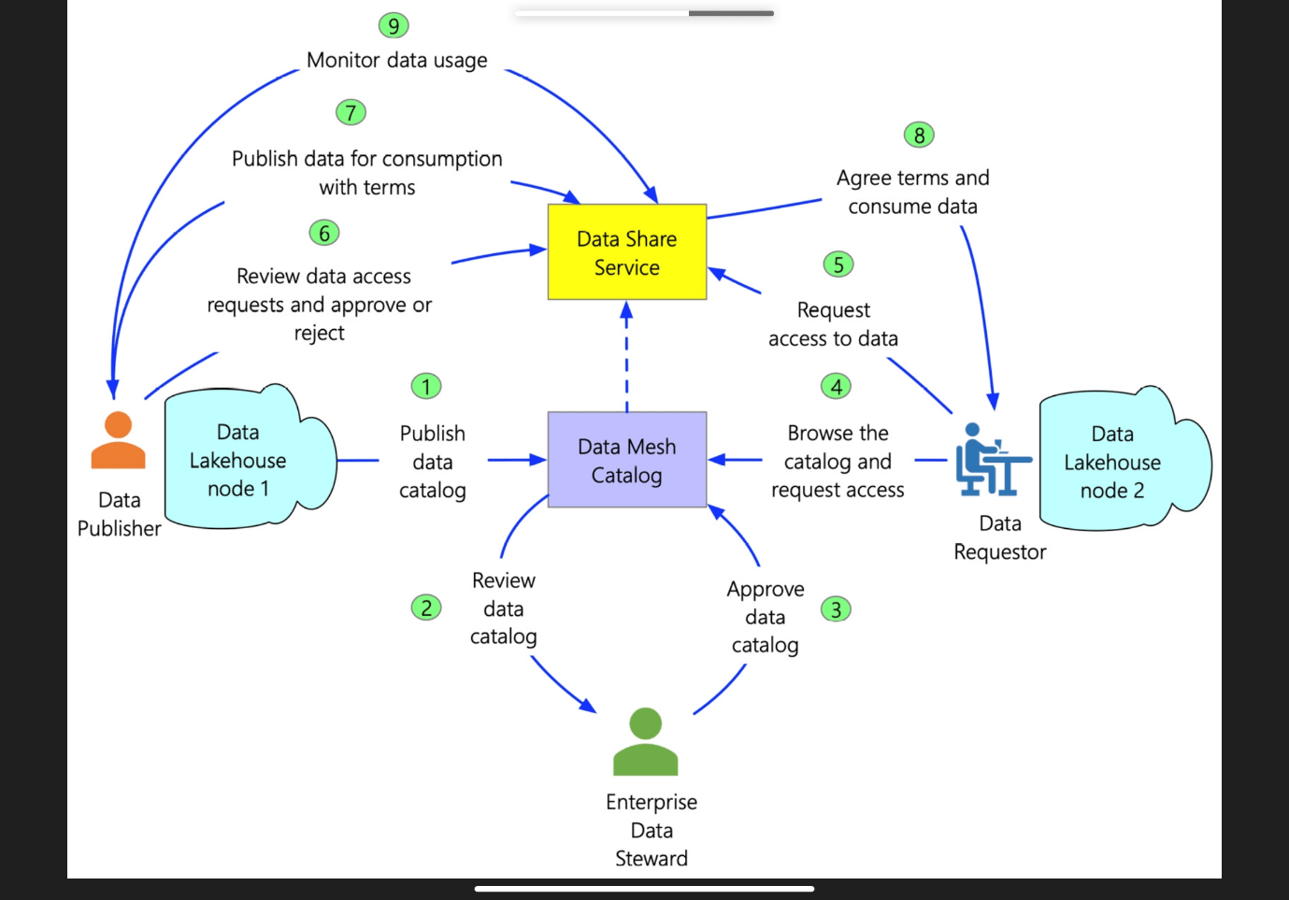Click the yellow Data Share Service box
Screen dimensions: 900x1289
pos(626,252)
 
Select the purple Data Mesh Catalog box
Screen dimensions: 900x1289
pos(626,460)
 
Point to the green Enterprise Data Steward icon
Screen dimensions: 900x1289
pos(645,742)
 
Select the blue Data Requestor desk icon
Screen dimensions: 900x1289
pos(990,460)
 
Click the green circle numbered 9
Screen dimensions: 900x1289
pos(394,25)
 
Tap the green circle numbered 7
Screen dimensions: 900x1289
pos(351,112)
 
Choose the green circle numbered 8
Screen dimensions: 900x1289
pos(919,136)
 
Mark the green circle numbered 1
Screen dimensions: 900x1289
pos(426,386)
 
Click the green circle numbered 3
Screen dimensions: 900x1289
pos(836,609)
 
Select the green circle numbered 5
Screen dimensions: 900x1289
pos(838,264)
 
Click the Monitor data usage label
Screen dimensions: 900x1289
pos(397,61)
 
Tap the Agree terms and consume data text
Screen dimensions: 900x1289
pos(912,192)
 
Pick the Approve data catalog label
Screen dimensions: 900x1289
pos(766,617)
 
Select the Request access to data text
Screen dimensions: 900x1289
pos(833,324)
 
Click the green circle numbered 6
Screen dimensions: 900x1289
pos(324,233)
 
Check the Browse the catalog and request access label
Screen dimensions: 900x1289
pos(838,462)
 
